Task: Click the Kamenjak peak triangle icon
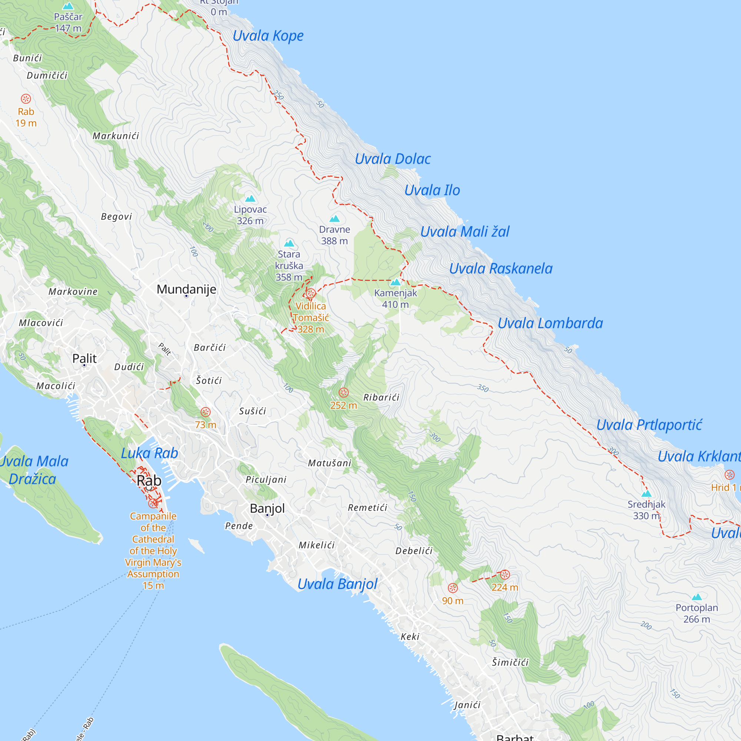[x=395, y=283]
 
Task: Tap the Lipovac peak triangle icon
[x=250, y=198]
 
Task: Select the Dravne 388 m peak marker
[x=335, y=219]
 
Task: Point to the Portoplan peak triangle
[x=697, y=597]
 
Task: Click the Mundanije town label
[x=186, y=289]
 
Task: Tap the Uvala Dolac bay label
[x=393, y=159]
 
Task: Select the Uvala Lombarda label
[x=550, y=323]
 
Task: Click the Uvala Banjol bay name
[x=338, y=584]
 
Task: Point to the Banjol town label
[x=268, y=508]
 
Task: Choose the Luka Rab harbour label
[x=150, y=453]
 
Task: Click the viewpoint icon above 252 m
[x=344, y=392]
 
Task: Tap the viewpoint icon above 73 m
[x=206, y=412]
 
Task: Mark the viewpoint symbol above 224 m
[x=505, y=574]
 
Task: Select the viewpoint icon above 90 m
[x=453, y=588]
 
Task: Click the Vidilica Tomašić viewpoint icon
[x=311, y=294]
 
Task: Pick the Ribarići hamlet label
[x=381, y=397]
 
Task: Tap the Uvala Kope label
[x=268, y=36]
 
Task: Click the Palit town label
[x=84, y=358]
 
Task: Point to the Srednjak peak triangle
[x=647, y=494]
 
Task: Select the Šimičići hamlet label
[x=510, y=662]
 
